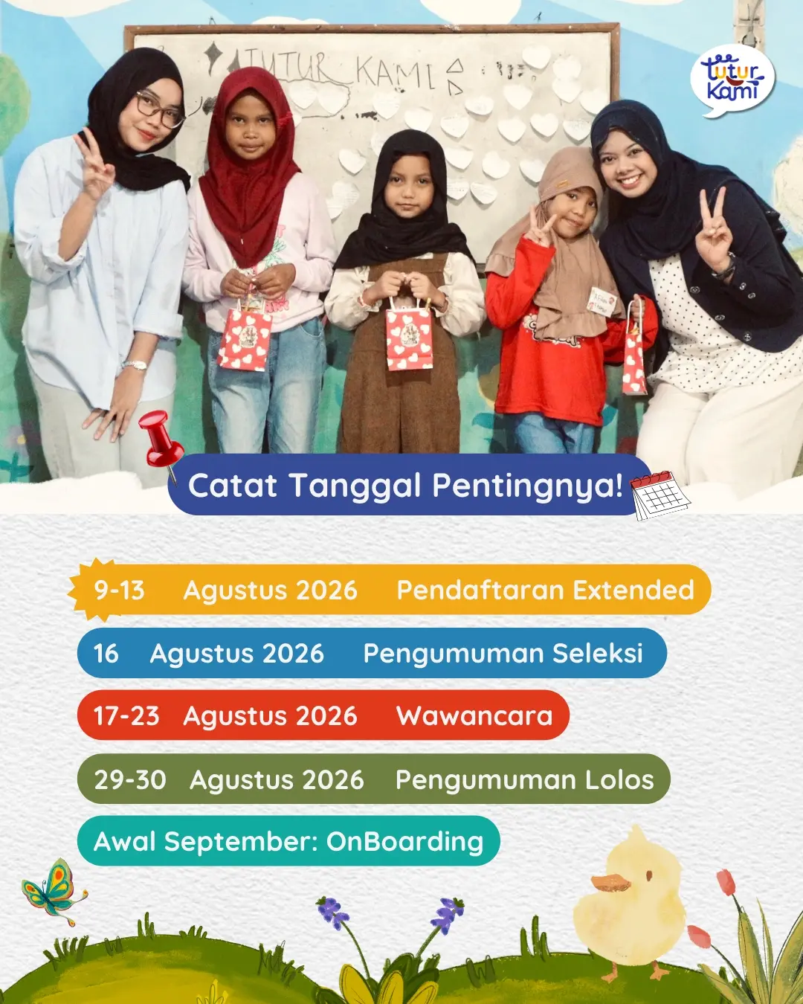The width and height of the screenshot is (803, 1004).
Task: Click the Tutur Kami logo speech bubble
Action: click(732, 80)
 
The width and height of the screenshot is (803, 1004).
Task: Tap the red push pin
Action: click(161, 442)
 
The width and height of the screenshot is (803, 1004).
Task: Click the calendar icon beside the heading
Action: click(660, 495)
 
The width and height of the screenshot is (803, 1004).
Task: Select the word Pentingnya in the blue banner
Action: click(527, 486)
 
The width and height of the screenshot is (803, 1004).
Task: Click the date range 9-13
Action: click(119, 590)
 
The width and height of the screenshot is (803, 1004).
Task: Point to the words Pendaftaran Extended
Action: click(546, 590)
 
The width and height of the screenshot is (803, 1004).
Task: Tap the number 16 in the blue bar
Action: click(106, 653)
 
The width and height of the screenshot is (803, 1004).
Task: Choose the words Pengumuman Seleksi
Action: click(503, 653)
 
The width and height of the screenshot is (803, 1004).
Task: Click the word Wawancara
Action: click(474, 715)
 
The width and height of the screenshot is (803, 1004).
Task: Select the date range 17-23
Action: click(126, 715)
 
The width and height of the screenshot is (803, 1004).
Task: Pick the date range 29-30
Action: click(130, 779)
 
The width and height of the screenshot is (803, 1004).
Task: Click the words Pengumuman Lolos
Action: click(525, 779)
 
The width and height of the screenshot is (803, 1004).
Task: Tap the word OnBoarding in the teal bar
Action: click(404, 842)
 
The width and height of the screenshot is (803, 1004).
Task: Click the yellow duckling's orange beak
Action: click(610, 882)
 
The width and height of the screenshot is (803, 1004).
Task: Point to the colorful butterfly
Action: click(54, 892)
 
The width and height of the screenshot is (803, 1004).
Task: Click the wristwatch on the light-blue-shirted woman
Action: click(135, 364)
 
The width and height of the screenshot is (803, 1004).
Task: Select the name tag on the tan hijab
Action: click(602, 301)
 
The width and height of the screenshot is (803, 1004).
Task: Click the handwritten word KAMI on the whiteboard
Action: click(396, 74)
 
